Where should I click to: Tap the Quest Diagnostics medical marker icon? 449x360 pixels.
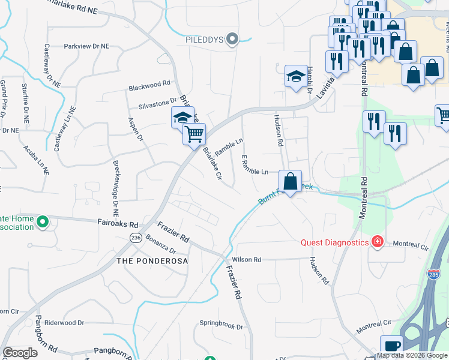click(377, 242)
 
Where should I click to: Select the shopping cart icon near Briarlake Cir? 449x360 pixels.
click(194, 134)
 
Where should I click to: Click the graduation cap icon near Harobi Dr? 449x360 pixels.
click(295, 76)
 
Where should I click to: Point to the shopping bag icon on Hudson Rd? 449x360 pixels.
click(290, 181)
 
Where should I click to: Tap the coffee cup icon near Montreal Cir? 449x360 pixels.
click(391, 346)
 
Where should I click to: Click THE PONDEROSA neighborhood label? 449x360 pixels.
click(152, 261)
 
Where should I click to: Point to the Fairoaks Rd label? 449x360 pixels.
click(118, 222)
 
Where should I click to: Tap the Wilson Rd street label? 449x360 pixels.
click(246, 260)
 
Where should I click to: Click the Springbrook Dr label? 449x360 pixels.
click(221, 327)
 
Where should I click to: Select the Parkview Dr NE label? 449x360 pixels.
click(87, 46)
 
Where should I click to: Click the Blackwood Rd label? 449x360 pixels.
click(149, 86)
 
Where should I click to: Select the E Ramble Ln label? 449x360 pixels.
click(255, 165)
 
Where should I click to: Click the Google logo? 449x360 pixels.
click(20, 353)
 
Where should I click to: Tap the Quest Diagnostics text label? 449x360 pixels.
click(334, 242)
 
